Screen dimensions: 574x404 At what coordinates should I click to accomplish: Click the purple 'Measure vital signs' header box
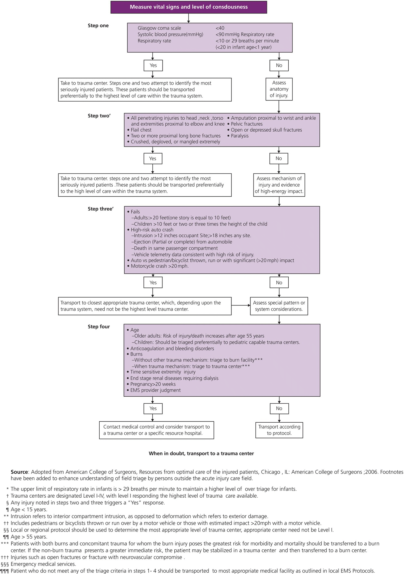(x=189, y=7)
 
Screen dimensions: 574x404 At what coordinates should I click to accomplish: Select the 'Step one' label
(x=98, y=26)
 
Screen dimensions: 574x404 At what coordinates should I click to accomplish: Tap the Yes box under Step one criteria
(x=153, y=66)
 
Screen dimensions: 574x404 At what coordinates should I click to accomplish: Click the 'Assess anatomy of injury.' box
(x=279, y=89)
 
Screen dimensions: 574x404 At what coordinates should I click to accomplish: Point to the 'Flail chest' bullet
(x=141, y=130)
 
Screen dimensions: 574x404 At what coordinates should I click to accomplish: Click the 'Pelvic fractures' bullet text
(x=247, y=124)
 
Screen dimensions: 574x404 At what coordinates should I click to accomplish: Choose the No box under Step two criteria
(x=279, y=159)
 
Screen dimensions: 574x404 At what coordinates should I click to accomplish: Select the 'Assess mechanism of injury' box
(x=279, y=185)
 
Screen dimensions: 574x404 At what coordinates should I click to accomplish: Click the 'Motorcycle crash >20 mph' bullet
(x=159, y=266)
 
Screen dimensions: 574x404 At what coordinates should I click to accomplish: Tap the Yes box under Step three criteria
(x=153, y=283)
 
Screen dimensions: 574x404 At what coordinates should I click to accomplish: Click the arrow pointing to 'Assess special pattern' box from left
(x=241, y=306)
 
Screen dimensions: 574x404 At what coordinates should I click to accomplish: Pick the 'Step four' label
(x=99, y=327)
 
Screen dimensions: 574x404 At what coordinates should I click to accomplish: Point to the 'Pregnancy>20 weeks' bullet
(x=153, y=384)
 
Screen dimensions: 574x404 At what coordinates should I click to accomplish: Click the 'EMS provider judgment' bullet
(x=155, y=390)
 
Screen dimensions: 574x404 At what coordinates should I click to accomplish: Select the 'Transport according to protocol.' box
(x=279, y=430)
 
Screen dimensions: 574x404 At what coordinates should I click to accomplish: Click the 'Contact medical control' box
(x=157, y=430)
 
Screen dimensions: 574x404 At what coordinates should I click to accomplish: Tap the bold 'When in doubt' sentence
(x=201, y=454)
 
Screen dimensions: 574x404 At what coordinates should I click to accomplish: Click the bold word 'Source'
(x=19, y=472)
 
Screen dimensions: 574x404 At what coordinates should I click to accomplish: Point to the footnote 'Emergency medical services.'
(x=43, y=564)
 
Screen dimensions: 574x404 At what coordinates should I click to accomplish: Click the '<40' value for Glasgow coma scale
(x=220, y=28)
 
